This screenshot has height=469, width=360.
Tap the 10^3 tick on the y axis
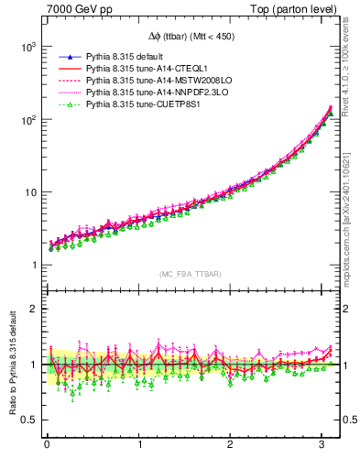pos(27,46)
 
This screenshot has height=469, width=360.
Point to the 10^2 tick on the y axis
pos(27,119)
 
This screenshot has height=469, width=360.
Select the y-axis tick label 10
pos(29,192)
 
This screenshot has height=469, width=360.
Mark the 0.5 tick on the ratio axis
pos(27,420)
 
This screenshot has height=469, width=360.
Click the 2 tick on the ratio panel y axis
pos(32,309)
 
